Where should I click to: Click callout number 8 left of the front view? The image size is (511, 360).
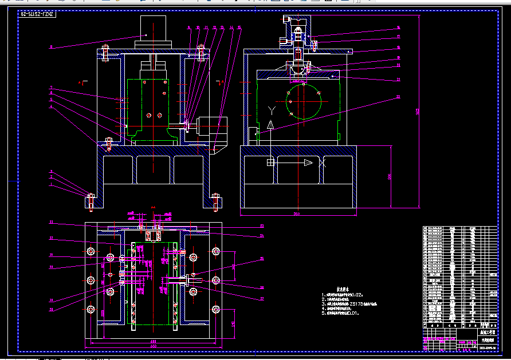(50, 47)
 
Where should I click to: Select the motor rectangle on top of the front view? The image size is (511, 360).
(153, 27)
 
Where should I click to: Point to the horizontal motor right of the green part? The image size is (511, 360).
(211, 126)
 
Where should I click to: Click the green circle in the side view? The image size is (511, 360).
(304, 100)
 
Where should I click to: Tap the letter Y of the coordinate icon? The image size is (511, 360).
(272, 109)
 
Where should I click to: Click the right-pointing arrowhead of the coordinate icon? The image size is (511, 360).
(308, 163)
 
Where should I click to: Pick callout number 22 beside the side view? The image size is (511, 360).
(398, 97)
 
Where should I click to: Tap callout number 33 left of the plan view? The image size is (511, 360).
(50, 222)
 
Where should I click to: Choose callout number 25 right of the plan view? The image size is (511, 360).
(262, 259)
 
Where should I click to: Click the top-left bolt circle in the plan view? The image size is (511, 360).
(91, 251)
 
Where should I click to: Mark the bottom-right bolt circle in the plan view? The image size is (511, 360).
(216, 309)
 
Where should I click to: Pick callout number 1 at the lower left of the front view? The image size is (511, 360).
(50, 184)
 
